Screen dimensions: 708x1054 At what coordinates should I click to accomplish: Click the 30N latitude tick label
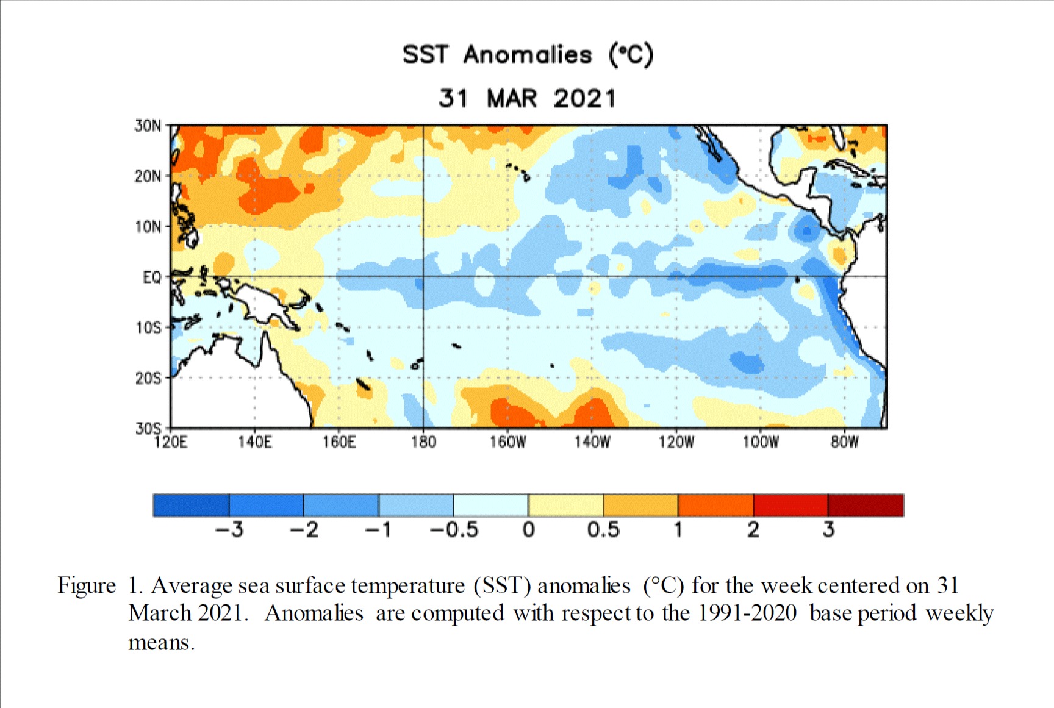[148, 126]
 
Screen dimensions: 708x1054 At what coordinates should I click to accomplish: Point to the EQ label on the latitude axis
[152, 277]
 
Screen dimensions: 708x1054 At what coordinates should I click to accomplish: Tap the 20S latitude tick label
[148, 379]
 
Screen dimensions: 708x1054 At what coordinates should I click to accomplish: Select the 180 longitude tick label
[423, 442]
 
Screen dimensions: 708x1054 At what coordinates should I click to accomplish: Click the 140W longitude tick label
[592, 442]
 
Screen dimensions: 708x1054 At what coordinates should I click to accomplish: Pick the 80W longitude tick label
[845, 442]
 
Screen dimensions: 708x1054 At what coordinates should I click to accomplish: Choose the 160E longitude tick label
[339, 442]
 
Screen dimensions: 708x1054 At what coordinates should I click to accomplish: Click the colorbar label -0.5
[454, 530]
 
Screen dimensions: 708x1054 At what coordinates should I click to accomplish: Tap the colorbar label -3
[229, 530]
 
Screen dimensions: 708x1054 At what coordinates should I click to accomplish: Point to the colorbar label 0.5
[603, 530]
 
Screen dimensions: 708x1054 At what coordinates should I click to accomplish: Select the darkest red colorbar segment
[866, 506]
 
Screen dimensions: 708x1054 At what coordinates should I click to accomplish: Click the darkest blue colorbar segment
[192, 506]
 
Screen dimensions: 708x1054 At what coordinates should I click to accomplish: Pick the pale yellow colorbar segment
[566, 506]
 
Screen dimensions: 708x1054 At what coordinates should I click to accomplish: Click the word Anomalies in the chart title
[528, 55]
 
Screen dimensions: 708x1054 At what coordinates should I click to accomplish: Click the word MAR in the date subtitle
[512, 99]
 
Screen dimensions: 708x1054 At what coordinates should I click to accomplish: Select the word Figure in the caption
[87, 585]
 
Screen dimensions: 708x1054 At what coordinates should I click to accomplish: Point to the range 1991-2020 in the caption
[747, 613]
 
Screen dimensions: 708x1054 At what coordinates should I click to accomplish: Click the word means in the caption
[160, 643]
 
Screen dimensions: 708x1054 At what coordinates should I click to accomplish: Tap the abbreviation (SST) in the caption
[502, 585]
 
